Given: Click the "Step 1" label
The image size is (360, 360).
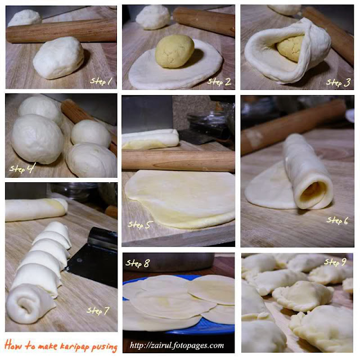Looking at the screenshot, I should [x=101, y=81].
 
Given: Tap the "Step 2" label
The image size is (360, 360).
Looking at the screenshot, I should [x=219, y=82].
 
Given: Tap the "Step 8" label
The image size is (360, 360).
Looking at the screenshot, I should [x=138, y=263].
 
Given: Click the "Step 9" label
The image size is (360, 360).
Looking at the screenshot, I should [x=335, y=262].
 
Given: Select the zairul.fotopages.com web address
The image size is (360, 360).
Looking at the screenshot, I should [x=177, y=345].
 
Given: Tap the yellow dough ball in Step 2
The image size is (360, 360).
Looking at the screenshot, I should [x=174, y=51].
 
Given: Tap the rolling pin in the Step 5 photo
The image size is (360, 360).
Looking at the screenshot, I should [x=178, y=159].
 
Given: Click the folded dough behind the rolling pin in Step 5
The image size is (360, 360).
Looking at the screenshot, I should [x=150, y=138].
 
